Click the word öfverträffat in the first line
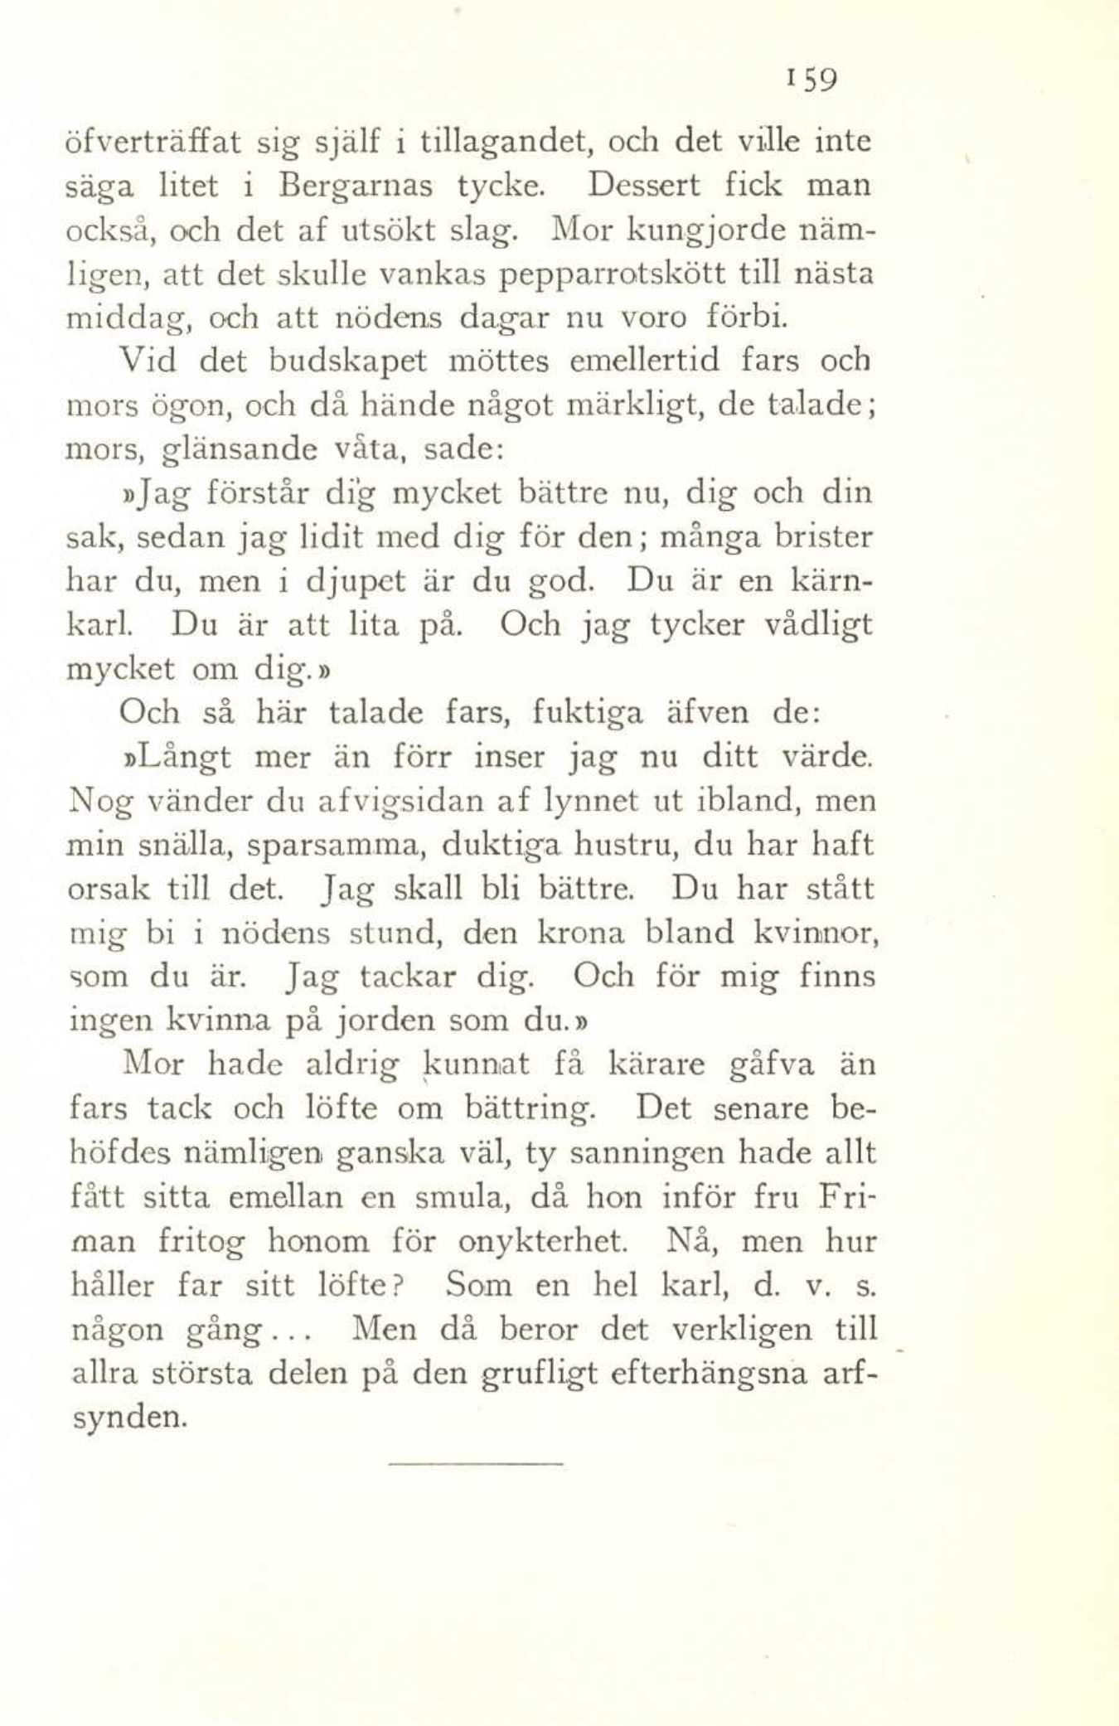[153, 143]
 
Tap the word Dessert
[643, 185]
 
